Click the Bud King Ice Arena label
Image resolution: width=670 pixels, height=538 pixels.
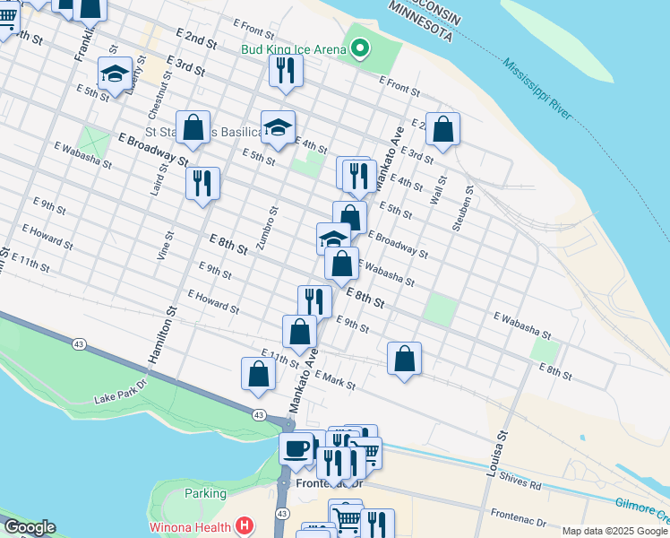pyautogui.click(x=292, y=48)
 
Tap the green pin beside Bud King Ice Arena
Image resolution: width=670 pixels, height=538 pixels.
pyautogui.click(x=360, y=48)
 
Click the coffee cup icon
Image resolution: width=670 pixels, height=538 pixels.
pyautogui.click(x=296, y=447)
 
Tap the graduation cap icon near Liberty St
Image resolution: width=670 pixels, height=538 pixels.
pyautogui.click(x=115, y=74)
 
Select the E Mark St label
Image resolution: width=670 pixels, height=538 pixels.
pyautogui.click(x=335, y=381)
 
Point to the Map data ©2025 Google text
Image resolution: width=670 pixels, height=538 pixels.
pyautogui.click(x=614, y=531)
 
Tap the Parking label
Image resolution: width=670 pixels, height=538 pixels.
pyautogui.click(x=205, y=493)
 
